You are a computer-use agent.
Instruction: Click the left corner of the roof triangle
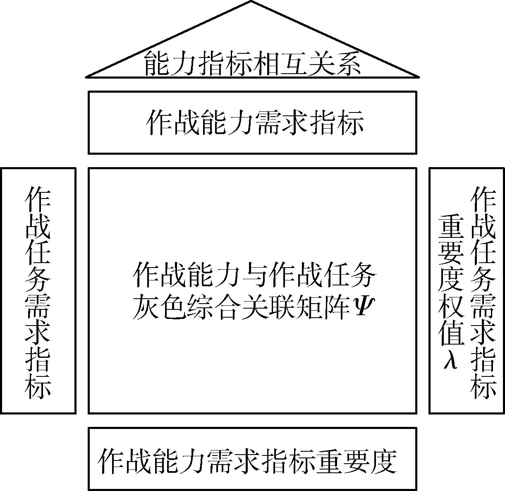86,77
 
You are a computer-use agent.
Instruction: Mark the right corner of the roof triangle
419,77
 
